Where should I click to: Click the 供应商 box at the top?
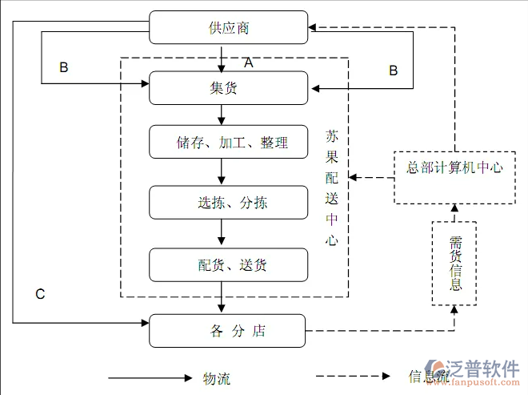pyautogui.click(x=229, y=28)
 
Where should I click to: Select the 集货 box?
pyautogui.click(x=229, y=88)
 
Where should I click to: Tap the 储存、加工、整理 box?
pyautogui.click(x=229, y=143)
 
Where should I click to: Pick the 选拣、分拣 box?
pyautogui.click(x=229, y=203)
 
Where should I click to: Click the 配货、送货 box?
pyautogui.click(x=229, y=265)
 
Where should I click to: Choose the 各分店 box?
pyautogui.click(x=229, y=331)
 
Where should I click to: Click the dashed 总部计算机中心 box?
pyautogui.click(x=454, y=168)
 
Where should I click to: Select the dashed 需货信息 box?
pyautogui.click(x=454, y=264)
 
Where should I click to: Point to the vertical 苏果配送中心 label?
pyautogui.click(x=332, y=188)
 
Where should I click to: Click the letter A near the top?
pyautogui.click(x=248, y=62)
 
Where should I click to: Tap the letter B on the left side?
pyautogui.click(x=64, y=68)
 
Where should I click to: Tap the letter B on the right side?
pyautogui.click(x=393, y=71)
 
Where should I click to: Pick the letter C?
pyautogui.click(x=40, y=294)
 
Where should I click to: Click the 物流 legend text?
pyautogui.click(x=217, y=377)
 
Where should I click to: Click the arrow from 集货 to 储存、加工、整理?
pyautogui.click(x=222, y=115)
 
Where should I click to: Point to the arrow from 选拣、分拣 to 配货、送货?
pyautogui.click(x=222, y=233)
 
